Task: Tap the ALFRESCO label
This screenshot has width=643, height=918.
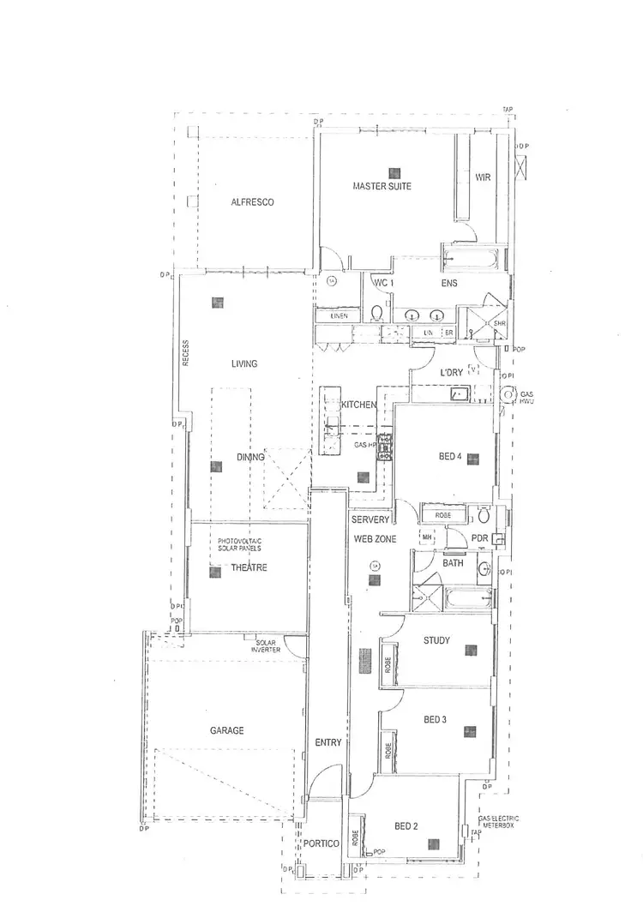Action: [252, 202]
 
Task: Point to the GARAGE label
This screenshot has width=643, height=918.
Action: [227, 731]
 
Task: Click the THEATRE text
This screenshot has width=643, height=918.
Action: [249, 567]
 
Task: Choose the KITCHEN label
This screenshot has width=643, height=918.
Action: [358, 405]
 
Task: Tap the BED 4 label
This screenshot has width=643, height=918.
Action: [450, 457]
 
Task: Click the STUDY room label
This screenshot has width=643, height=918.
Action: [437, 639]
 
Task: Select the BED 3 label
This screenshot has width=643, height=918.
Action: [435, 719]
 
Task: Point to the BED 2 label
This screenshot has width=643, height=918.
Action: [406, 827]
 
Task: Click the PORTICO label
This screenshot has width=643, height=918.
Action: [321, 844]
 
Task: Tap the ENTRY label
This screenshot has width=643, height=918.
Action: [328, 742]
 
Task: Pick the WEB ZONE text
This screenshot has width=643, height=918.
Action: [375, 537]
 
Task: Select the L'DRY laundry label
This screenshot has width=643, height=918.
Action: [452, 373]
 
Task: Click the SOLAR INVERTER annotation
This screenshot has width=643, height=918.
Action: [266, 645]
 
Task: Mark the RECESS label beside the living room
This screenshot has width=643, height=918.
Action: [184, 353]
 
